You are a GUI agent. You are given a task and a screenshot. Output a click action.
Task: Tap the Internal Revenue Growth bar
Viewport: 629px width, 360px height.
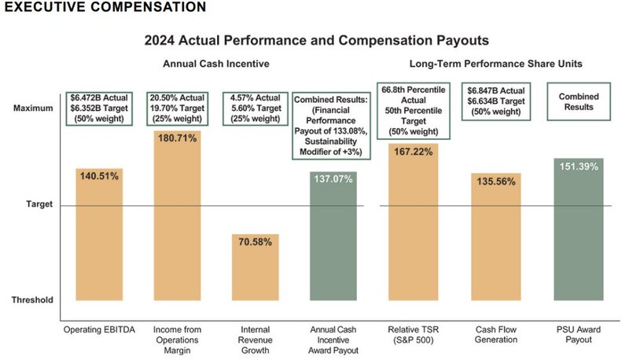click(256, 266)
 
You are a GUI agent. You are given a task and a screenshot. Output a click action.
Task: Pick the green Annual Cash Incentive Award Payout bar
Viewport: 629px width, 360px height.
click(334, 236)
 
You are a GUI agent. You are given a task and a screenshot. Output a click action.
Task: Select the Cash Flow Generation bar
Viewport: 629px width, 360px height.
click(496, 237)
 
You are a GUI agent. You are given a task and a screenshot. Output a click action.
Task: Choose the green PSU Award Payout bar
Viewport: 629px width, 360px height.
click(578, 229)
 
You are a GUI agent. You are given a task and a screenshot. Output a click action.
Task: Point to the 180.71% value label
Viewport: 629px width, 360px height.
click(177, 147)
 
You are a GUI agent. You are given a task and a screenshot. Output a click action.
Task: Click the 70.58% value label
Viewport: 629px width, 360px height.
click(256, 242)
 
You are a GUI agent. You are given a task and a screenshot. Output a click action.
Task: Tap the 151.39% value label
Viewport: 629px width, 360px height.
click(578, 166)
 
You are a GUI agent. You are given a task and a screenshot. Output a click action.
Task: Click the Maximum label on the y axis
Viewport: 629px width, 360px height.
click(34, 108)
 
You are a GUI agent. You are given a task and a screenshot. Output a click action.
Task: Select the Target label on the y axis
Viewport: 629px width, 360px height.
click(39, 204)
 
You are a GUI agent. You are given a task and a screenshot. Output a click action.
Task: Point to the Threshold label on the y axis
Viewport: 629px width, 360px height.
click(33, 299)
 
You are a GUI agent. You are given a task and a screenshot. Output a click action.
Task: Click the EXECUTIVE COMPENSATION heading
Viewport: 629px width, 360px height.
click(105, 8)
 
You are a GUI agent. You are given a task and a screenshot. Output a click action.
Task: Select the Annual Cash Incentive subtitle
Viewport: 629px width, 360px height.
click(216, 64)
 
